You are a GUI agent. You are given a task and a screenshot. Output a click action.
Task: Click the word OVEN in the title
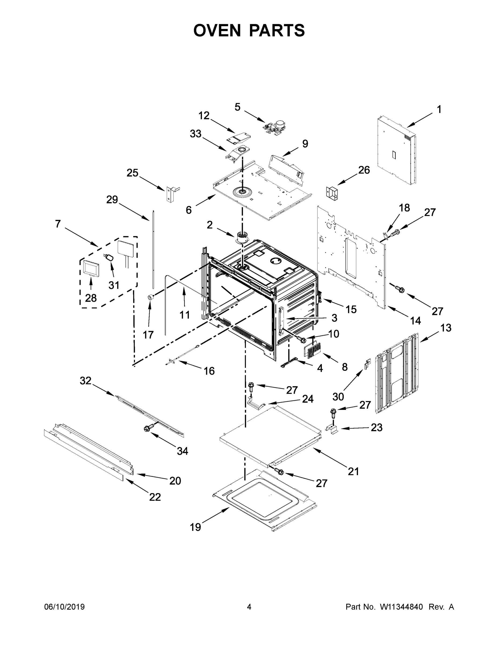(x=217, y=30)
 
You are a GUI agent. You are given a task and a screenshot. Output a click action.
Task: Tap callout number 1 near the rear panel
(x=439, y=110)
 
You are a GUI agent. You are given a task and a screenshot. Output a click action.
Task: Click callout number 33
(x=196, y=134)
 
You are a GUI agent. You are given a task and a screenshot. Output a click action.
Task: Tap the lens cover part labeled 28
(x=91, y=268)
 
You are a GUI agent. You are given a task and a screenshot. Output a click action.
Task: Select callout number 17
(x=148, y=335)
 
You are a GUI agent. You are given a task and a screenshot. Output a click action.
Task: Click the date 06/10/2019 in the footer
(x=64, y=607)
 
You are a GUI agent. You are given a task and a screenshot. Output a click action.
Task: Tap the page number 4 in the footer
(x=249, y=607)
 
